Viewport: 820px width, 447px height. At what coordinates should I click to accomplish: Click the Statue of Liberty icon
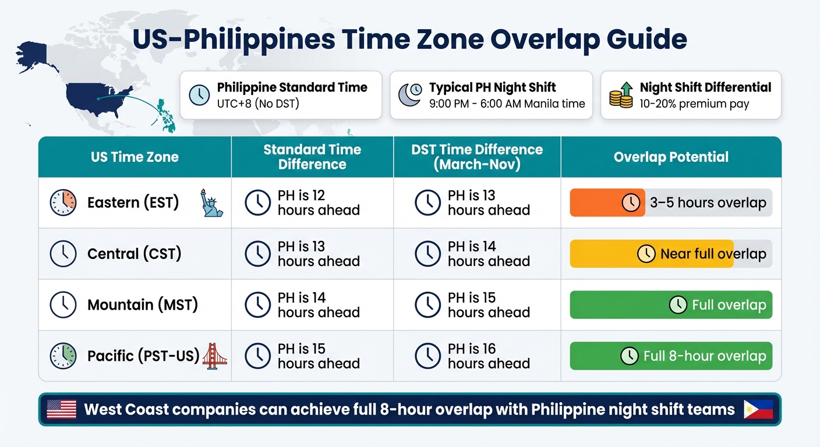tap(211, 203)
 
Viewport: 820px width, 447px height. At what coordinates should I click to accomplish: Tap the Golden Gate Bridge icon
tap(214, 356)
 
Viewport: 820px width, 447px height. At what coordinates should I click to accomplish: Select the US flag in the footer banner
tap(61, 409)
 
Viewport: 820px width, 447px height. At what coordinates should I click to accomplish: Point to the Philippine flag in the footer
tap(758, 409)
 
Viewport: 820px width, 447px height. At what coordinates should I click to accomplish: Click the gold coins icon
tap(621, 95)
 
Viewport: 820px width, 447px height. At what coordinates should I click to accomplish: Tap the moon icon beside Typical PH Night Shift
tap(410, 95)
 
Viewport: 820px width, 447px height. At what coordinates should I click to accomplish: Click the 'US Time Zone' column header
tap(135, 157)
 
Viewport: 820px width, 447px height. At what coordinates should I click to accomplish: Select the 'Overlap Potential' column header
tap(671, 157)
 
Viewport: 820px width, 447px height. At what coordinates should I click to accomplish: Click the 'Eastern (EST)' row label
tap(133, 203)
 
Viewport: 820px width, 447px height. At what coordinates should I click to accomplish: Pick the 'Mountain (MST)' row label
tap(142, 304)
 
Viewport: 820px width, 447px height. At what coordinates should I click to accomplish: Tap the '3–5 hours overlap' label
tap(708, 203)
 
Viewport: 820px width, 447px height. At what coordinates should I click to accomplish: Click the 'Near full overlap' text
tap(713, 254)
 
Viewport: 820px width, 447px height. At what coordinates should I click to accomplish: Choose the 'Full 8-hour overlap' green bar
tap(671, 356)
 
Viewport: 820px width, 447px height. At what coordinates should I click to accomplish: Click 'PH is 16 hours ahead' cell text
tap(488, 356)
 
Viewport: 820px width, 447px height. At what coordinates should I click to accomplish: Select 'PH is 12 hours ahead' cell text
tap(318, 203)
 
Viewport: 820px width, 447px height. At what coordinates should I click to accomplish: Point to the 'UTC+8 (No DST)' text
tap(258, 104)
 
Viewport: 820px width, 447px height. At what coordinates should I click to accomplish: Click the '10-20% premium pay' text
tap(694, 104)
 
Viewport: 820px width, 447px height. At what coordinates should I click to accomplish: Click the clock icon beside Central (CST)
tap(63, 254)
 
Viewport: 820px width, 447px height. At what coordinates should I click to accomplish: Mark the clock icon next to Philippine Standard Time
tap(199, 95)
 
